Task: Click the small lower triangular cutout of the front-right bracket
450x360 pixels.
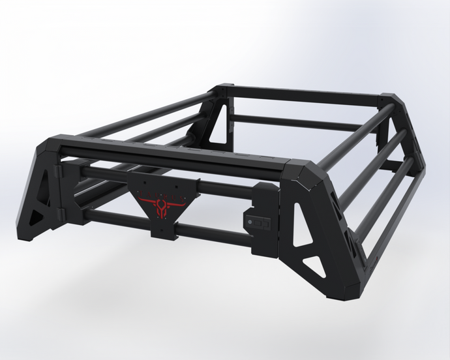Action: pyautogui.click(x=318, y=266)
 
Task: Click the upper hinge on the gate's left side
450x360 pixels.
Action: pyautogui.click(x=61, y=172)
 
